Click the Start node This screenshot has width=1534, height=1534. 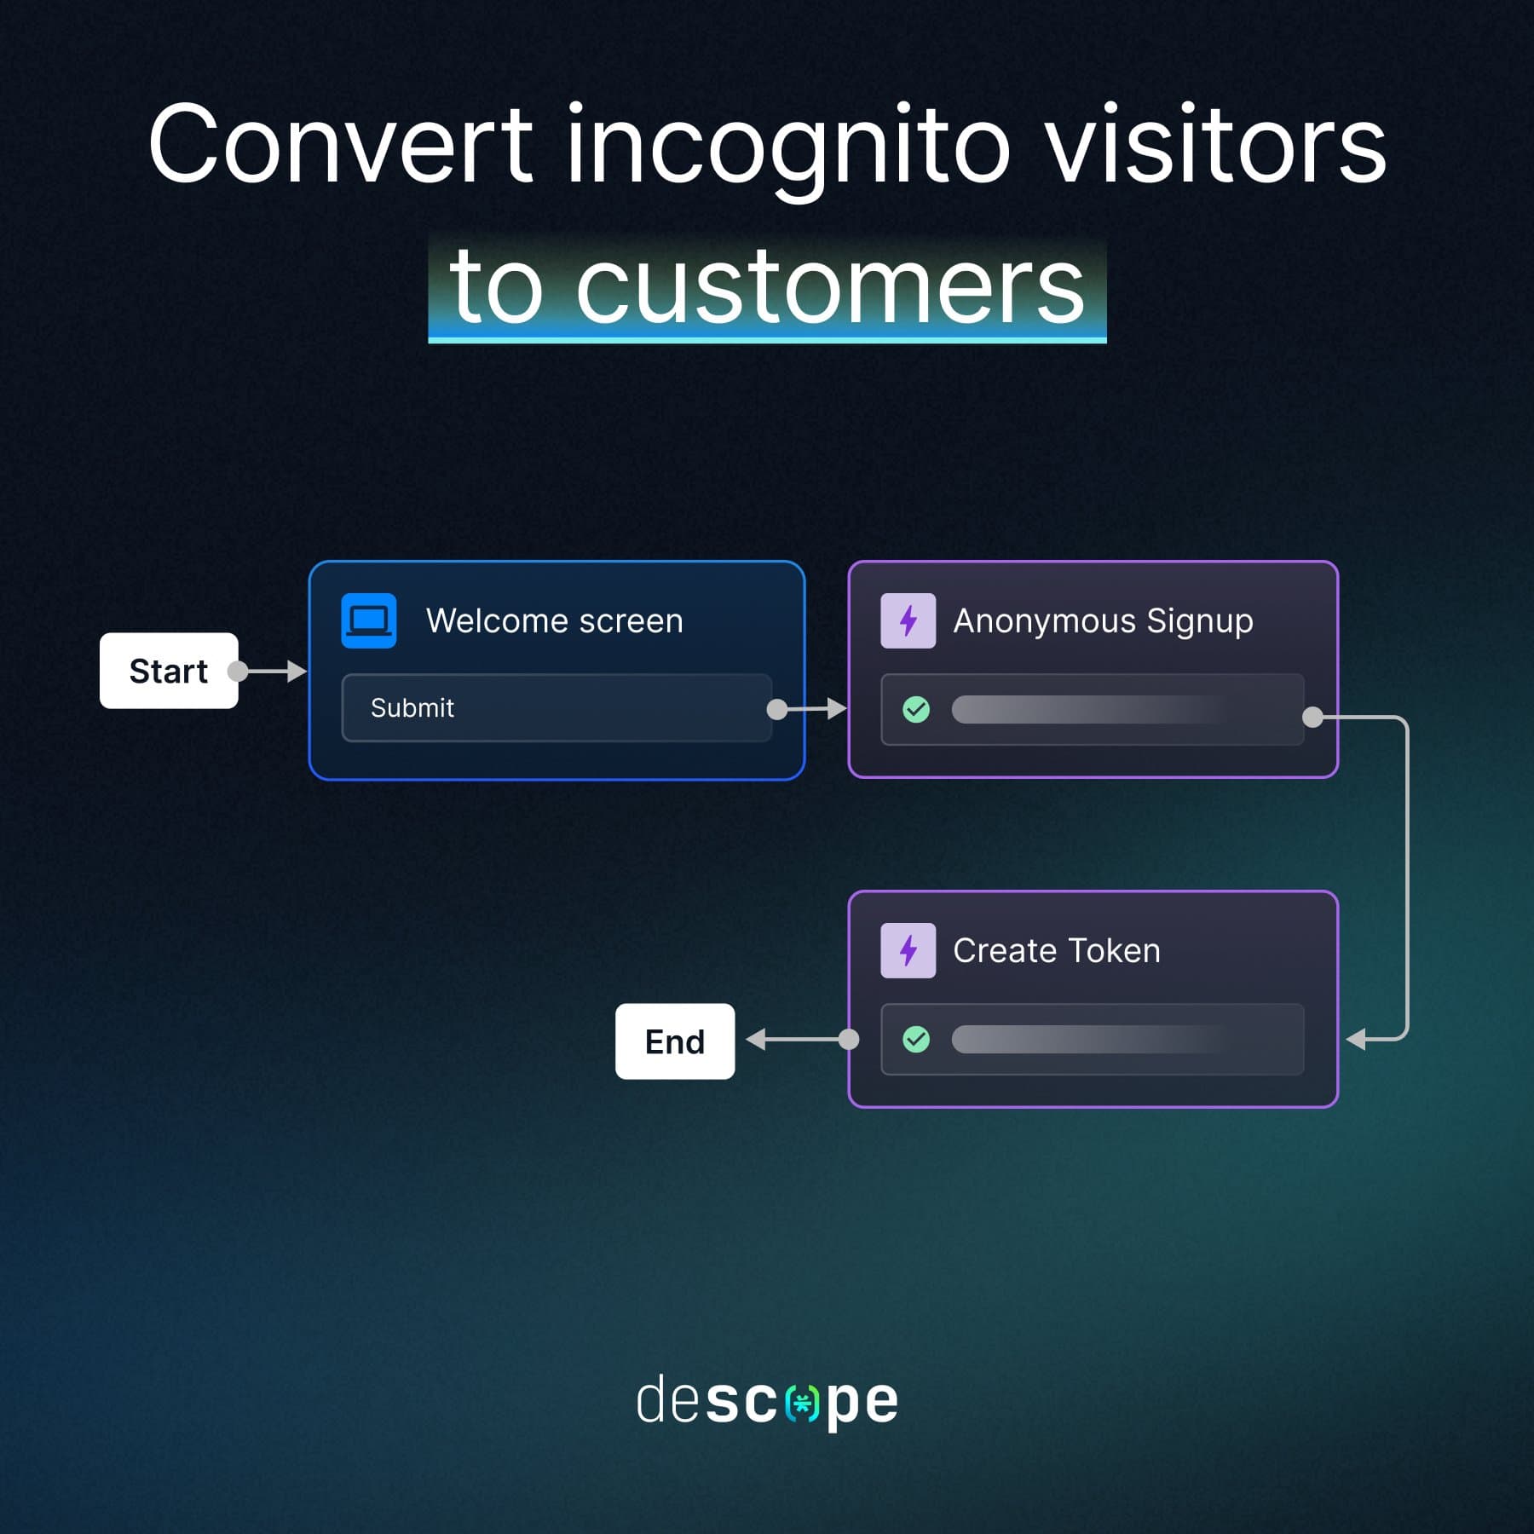168,671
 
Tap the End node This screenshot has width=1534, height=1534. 674,1041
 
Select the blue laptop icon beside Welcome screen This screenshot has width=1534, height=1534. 368,620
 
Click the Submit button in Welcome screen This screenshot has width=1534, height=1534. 556,707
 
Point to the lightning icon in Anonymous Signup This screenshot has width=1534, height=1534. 908,620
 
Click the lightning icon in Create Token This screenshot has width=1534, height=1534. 908,950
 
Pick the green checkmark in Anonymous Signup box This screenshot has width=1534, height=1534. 915,709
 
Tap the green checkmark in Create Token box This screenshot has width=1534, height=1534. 915,1039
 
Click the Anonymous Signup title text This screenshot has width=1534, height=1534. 1102,620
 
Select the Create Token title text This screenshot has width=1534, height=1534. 1056,950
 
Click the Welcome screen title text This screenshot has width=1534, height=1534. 554,620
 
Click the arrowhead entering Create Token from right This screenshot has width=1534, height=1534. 1356,1039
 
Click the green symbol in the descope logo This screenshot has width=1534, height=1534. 802,1403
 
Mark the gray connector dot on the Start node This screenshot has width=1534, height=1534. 238,672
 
